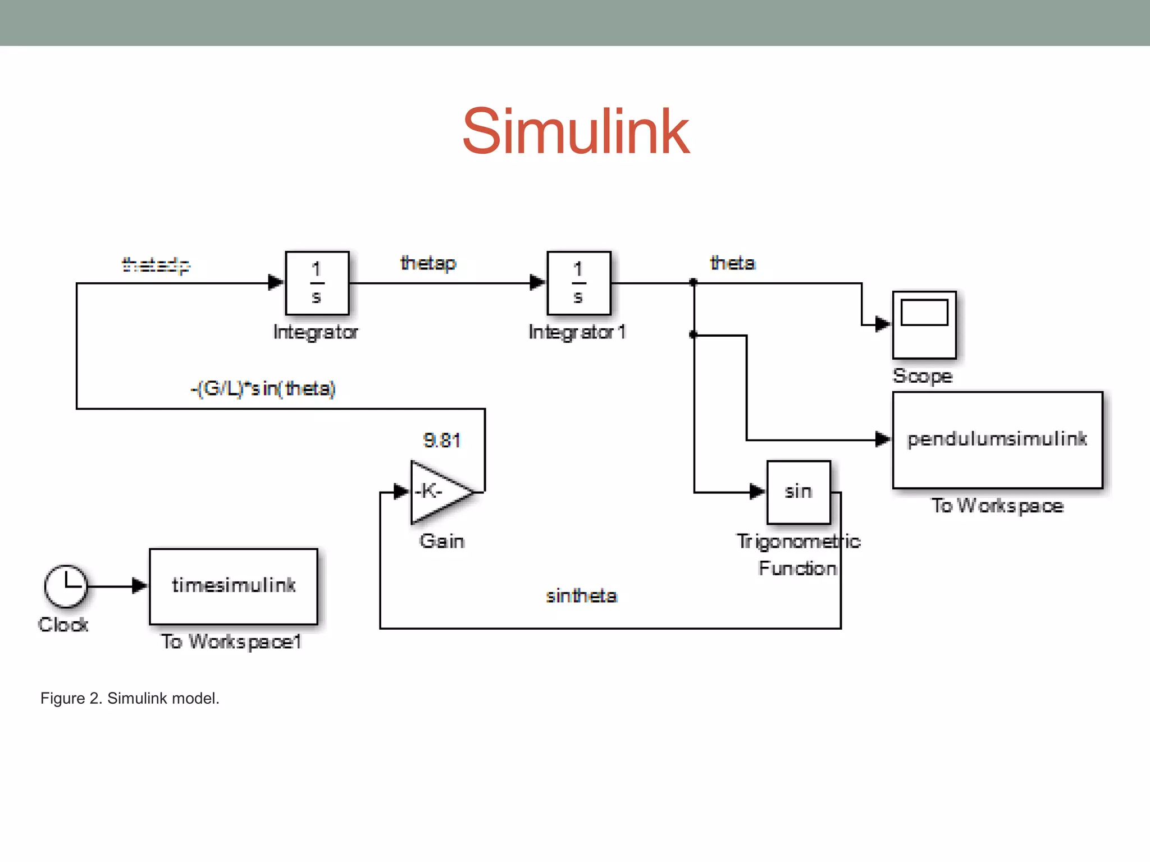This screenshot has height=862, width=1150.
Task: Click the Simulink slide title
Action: tap(576, 132)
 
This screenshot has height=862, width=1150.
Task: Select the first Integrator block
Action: tap(317, 283)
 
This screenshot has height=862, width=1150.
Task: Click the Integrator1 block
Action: tap(578, 283)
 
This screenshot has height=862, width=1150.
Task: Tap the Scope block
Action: tap(924, 325)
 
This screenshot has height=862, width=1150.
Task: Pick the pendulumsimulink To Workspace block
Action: tap(997, 440)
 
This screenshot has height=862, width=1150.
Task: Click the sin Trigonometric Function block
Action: tap(798, 492)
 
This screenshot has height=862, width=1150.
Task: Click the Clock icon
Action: tap(66, 586)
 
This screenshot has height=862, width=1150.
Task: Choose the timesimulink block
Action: tap(233, 586)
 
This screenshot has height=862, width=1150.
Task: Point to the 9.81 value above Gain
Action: tap(442, 441)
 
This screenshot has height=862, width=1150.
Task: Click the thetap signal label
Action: tap(428, 263)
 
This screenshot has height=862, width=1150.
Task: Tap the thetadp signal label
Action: tap(156, 264)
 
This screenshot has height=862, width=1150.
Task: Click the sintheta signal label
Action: tap(581, 596)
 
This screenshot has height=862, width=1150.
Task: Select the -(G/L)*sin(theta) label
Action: tap(263, 388)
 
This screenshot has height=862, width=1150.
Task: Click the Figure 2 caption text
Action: tap(130, 698)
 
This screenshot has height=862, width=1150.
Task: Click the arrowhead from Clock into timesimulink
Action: tap(139, 586)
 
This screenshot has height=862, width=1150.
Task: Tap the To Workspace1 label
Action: tap(231, 641)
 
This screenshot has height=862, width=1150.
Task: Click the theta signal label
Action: tap(733, 263)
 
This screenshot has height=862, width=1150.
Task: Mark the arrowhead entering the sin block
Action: tap(757, 492)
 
